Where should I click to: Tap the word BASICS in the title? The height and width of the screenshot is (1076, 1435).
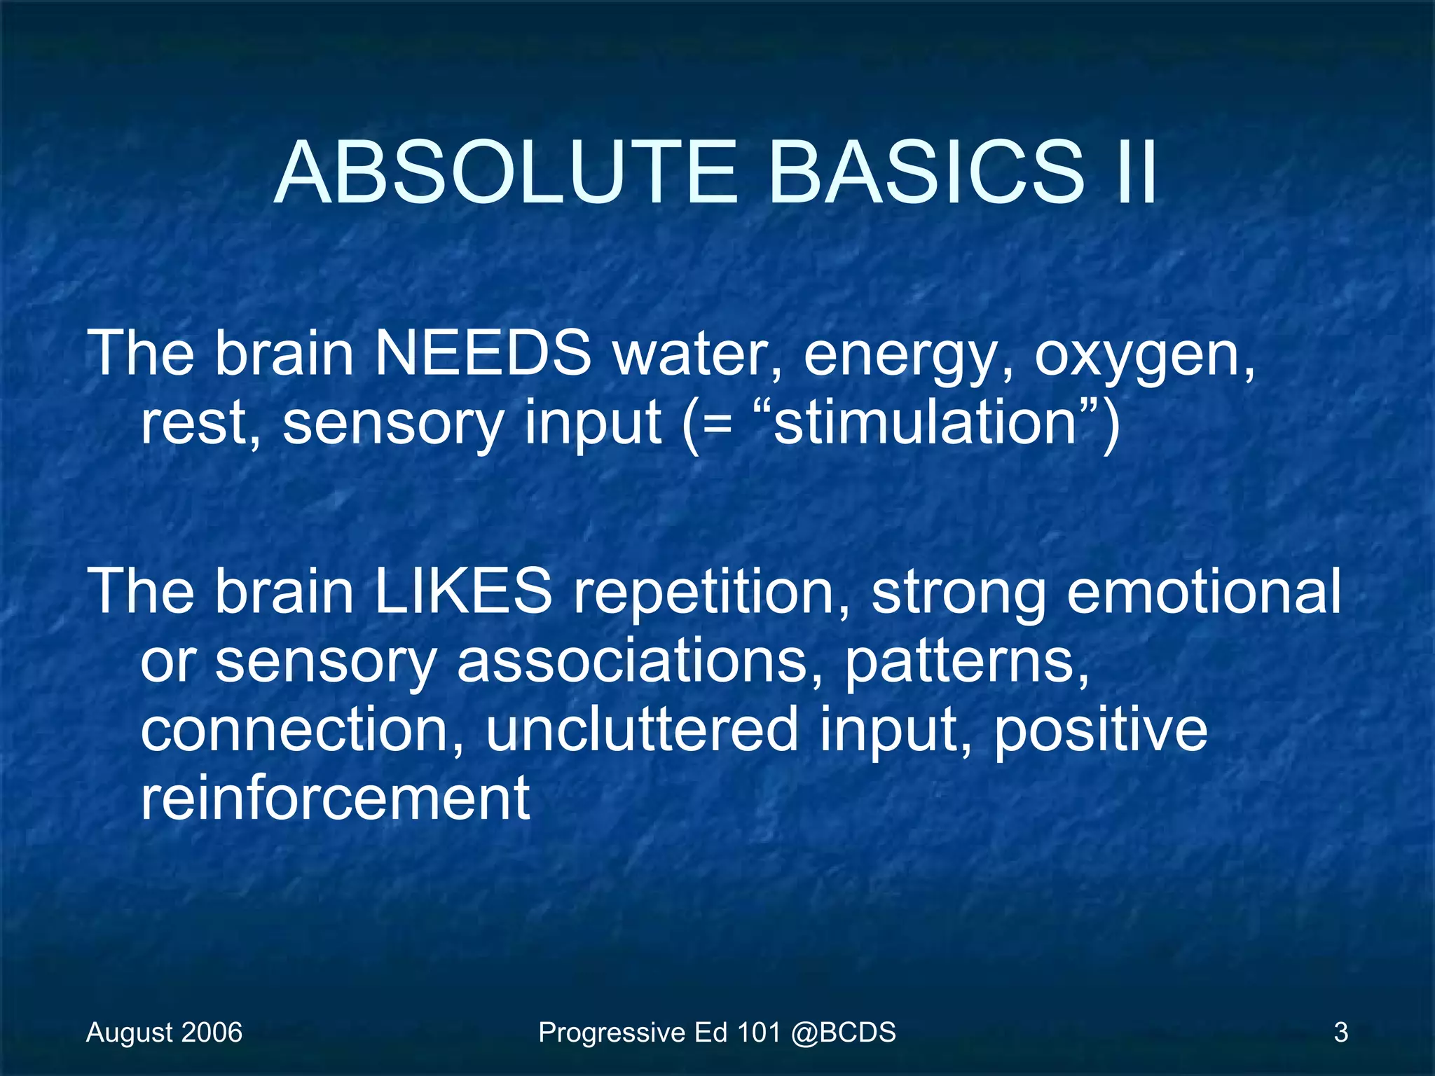coord(926,173)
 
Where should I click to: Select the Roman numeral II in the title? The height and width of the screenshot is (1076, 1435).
coord(1134,173)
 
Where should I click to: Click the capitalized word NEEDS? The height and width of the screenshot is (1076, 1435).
coord(483,353)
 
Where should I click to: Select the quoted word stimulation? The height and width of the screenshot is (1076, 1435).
coord(925,423)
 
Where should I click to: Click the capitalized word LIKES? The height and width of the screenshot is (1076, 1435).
coord(462,591)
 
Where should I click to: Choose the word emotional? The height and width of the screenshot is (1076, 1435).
coord(1204,591)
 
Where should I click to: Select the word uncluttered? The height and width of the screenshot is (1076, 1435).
coord(641,729)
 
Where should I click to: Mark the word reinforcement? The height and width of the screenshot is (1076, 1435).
coord(335,798)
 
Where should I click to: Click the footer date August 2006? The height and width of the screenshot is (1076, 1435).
coord(164,1033)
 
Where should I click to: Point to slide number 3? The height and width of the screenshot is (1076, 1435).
coord(1340,1033)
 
